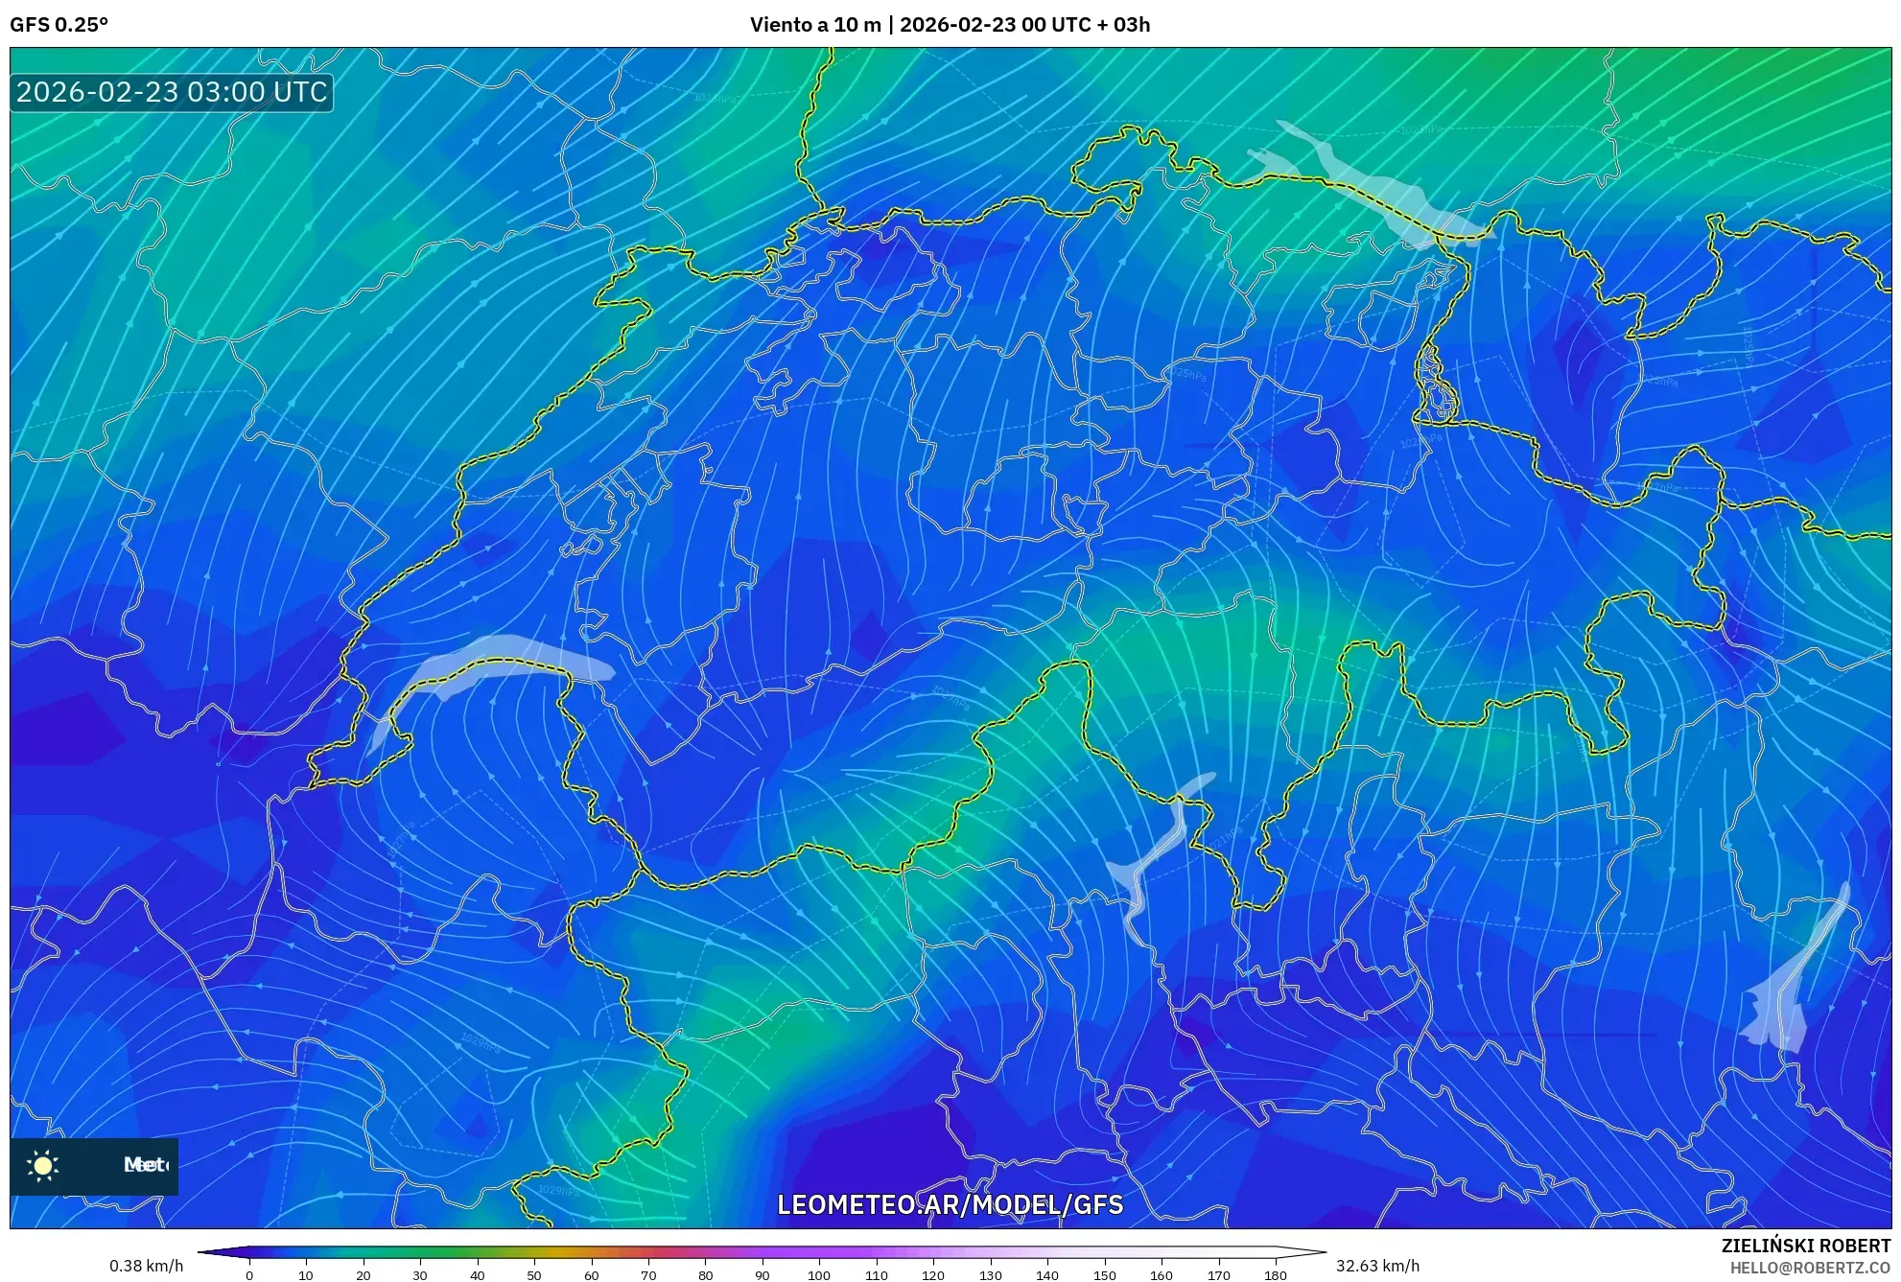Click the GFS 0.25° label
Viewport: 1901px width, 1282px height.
[59, 25]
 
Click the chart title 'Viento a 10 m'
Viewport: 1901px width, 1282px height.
[814, 25]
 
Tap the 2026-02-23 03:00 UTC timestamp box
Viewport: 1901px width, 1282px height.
[172, 92]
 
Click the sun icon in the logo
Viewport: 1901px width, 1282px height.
[43, 1165]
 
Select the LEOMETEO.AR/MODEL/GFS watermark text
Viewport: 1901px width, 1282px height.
[950, 1204]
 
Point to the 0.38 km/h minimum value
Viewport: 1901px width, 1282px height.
[146, 1266]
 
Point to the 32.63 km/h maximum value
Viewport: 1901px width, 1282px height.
[1377, 1266]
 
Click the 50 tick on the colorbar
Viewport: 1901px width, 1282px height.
[534, 1275]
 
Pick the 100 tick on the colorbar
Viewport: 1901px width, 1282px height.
[819, 1275]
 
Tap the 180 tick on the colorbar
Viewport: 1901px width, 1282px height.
[1275, 1275]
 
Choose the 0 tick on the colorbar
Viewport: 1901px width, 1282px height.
[249, 1275]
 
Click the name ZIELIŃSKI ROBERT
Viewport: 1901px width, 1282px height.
[1806, 1246]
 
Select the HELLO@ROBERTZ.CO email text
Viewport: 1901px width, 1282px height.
[1810, 1268]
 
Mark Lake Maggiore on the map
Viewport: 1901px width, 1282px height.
[1156, 853]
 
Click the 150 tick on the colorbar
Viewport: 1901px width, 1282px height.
[1104, 1275]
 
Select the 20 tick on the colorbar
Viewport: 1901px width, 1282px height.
[363, 1275]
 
